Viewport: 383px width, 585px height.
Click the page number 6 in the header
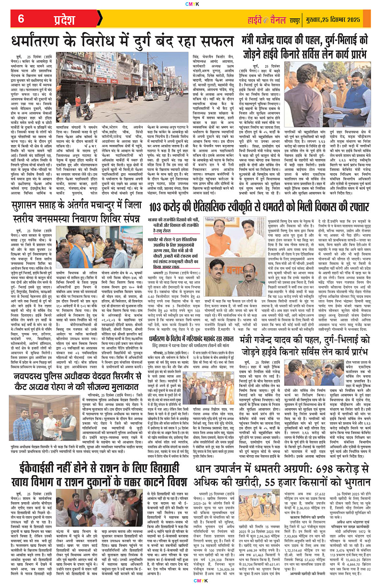(22, 19)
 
